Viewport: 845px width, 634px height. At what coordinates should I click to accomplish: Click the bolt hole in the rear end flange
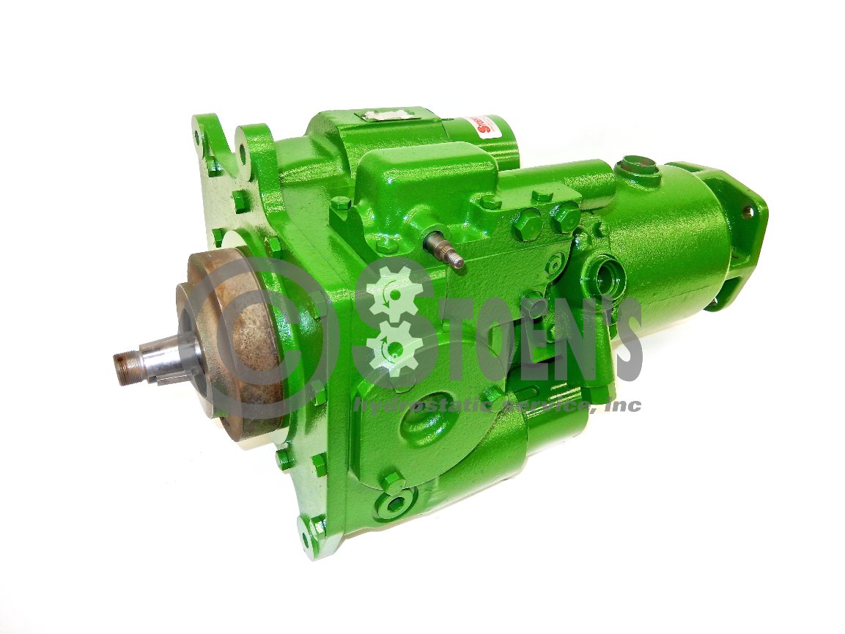[746, 212]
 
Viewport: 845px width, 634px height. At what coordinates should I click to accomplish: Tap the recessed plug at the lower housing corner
[395, 504]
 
